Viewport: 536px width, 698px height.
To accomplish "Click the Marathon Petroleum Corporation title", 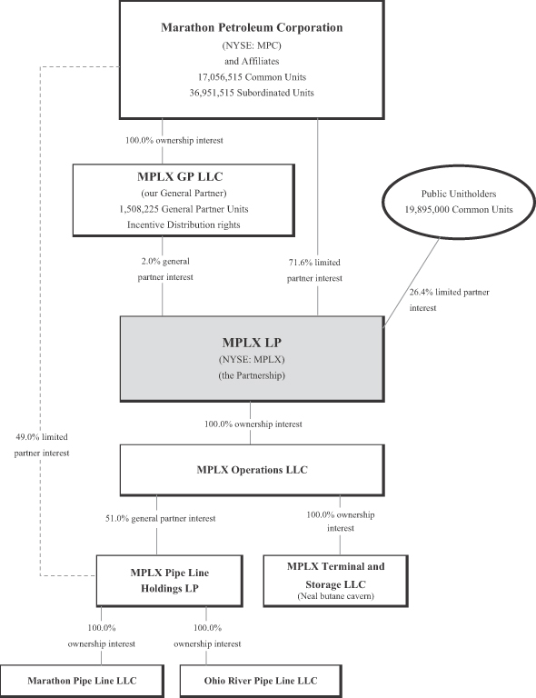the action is coord(252,27).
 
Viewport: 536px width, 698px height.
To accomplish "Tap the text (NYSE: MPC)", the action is coord(252,45).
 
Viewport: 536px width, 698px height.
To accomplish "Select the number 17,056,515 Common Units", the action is coord(252,77).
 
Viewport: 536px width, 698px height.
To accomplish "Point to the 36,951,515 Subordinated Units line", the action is coord(252,93).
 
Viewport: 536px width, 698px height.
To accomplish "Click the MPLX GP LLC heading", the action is coord(180,176).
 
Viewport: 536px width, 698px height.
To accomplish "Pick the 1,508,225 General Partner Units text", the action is coord(184,209).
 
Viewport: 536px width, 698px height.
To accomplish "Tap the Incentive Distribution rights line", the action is coord(184,224).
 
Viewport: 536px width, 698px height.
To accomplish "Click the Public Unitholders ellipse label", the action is coord(459,194).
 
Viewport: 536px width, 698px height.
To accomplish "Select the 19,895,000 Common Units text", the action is coord(459,209).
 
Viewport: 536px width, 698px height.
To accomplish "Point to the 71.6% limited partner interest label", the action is coord(314,270).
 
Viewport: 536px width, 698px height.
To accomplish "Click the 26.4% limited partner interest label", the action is coord(450,300).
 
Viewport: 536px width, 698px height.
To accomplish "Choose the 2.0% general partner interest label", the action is coord(165,269).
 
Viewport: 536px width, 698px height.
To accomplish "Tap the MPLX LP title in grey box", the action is coord(252,343).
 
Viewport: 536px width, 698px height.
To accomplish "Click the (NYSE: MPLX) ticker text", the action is coord(252,359).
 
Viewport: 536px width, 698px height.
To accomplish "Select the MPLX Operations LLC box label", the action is coord(253,470).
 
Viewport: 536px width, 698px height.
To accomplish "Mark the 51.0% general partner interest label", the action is coord(160,519).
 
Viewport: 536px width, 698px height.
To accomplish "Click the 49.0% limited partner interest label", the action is coord(42,445).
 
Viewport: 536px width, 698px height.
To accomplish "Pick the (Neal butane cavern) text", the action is coord(336,596).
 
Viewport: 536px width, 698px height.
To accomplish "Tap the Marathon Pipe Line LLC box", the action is coord(82,681).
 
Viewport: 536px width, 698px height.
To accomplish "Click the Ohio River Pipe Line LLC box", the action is coord(261,681).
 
